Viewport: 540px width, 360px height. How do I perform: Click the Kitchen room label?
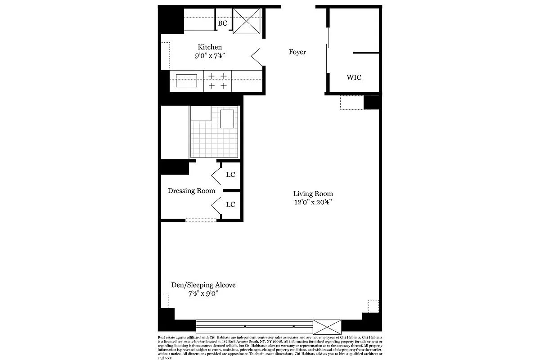click(x=210, y=47)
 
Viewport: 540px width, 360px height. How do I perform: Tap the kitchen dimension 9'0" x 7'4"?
click(x=209, y=56)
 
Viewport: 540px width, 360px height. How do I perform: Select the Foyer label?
click(x=297, y=52)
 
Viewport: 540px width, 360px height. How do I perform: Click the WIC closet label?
click(x=354, y=77)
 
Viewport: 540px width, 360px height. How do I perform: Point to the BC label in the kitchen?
click(x=222, y=23)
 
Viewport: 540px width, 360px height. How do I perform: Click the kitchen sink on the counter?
click(x=186, y=81)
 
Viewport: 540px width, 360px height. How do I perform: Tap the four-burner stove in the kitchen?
click(x=217, y=81)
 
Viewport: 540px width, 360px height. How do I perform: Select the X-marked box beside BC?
click(x=247, y=20)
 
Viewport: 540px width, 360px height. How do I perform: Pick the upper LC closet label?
click(x=230, y=175)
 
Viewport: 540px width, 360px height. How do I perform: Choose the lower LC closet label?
click(x=230, y=205)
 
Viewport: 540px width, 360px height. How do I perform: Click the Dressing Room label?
click(x=191, y=191)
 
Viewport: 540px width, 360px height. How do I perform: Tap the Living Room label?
click(x=313, y=194)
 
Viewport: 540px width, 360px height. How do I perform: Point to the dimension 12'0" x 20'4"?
click(x=313, y=202)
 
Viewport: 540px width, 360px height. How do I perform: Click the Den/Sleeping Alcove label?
click(x=203, y=285)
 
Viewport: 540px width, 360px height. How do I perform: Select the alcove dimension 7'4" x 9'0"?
click(x=203, y=294)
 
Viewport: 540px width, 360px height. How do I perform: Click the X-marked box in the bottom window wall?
click(x=327, y=326)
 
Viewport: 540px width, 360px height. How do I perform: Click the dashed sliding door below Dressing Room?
click(x=201, y=220)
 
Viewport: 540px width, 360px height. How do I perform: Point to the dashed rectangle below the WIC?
click(x=351, y=103)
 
